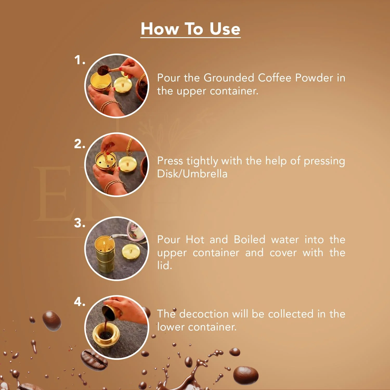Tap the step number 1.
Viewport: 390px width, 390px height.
79,60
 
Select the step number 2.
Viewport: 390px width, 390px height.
79,144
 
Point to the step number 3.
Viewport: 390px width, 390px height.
79,223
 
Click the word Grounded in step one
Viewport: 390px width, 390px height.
229,78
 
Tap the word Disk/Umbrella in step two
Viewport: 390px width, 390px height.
192,174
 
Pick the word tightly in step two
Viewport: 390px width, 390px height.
202,161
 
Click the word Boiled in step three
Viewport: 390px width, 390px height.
249,239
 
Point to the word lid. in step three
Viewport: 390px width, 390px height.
164,265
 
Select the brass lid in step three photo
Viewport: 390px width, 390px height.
131,251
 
